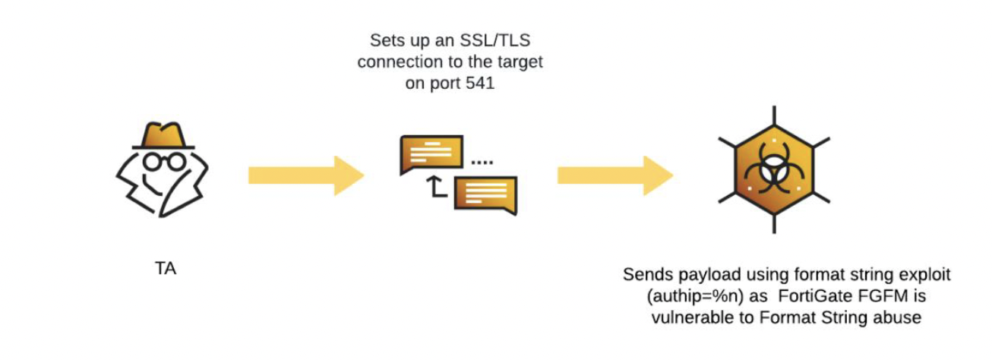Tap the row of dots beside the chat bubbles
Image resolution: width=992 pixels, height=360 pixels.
[x=482, y=163]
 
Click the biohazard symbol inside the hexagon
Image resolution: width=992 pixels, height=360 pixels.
[x=774, y=170]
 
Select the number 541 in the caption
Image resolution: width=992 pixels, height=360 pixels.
[x=479, y=84]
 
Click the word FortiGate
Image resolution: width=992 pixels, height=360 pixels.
[x=800, y=295]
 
